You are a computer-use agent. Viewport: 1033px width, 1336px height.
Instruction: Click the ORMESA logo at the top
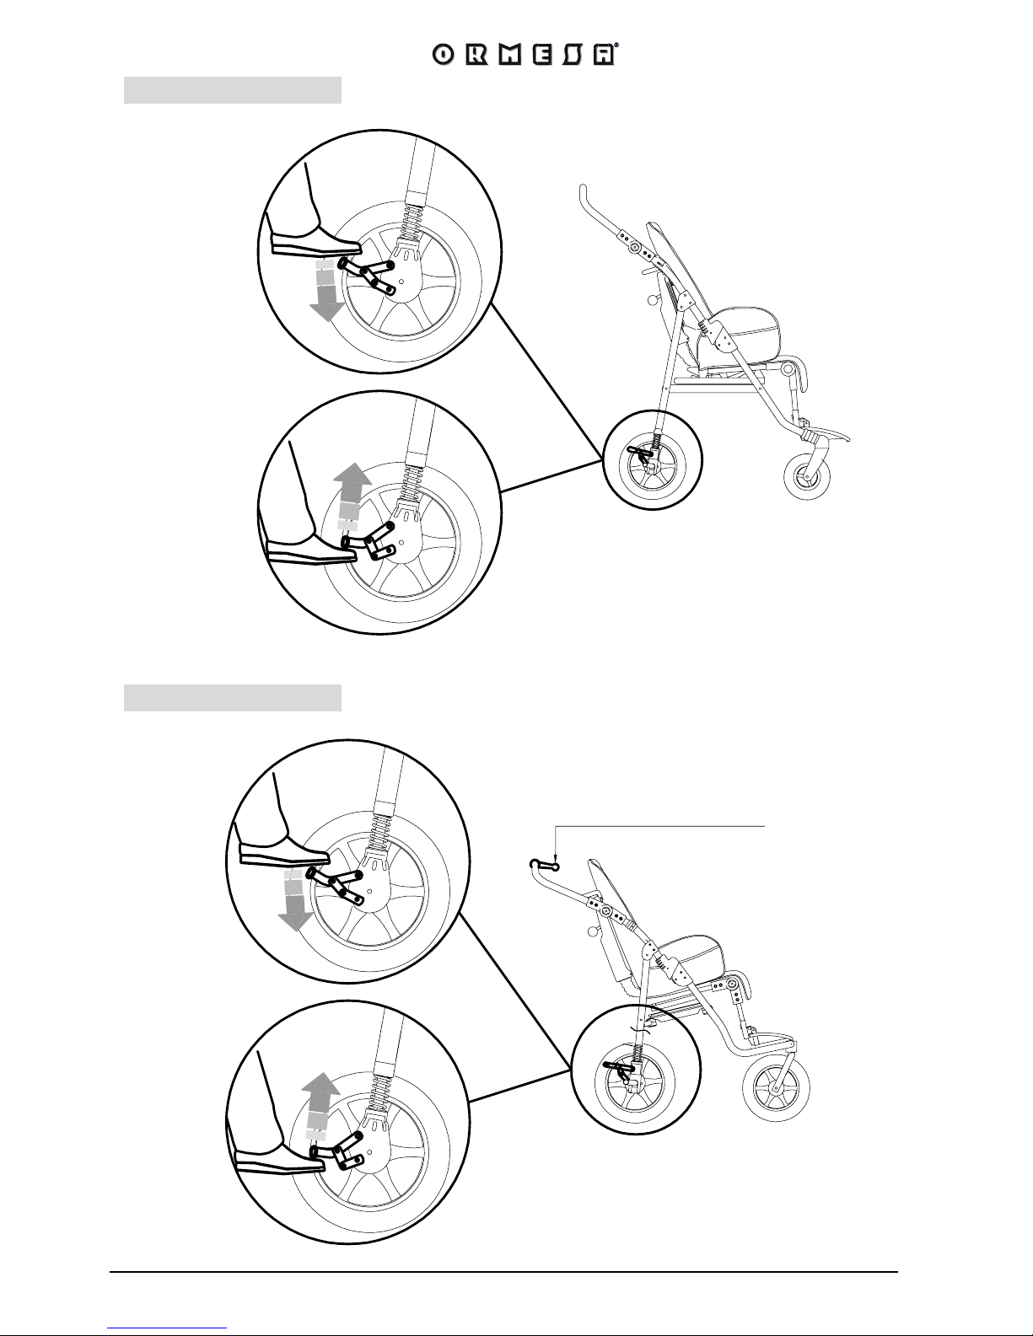pos(525,55)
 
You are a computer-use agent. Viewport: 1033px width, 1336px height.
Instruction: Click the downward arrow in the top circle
pos(325,291)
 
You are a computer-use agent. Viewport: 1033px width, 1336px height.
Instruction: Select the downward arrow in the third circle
pos(294,901)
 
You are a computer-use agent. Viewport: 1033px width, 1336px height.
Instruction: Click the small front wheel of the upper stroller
pos(807,476)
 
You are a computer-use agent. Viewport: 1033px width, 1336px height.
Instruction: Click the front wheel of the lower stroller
pos(776,1087)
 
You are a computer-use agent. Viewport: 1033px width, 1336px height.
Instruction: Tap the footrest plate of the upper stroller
pos(827,434)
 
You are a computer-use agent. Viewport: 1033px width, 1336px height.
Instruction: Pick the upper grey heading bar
pos(233,90)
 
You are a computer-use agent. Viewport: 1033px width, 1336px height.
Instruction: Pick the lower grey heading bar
pos(233,698)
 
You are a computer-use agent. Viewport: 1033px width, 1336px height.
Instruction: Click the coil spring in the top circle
pos(410,223)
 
